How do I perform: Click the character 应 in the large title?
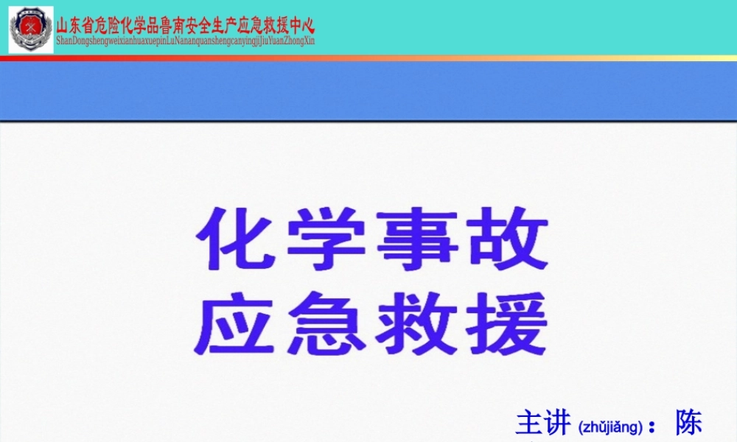point(230,322)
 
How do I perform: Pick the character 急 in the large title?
point(326,322)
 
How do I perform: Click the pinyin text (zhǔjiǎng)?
point(611,427)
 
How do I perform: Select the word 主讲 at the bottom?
point(544,424)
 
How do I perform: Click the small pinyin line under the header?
point(185,41)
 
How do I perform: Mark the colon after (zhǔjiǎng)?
point(652,427)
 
